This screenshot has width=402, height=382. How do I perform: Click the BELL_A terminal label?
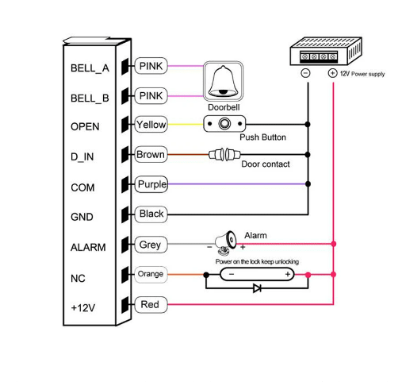coord(90,68)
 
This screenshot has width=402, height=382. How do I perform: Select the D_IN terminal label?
coord(82,156)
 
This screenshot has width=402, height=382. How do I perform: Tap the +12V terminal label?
coord(82,307)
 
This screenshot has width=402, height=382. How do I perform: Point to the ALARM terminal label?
coord(88,247)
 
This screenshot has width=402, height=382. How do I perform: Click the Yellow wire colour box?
coord(151,125)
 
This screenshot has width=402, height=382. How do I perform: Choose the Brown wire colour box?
coord(151,155)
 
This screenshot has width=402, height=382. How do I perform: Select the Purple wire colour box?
coord(151,184)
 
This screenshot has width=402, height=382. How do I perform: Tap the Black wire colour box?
coord(151,214)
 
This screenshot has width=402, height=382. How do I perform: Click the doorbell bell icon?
coord(223,80)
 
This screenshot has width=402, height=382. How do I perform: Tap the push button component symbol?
coord(225,125)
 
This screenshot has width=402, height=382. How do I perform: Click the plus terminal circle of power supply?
coord(332,73)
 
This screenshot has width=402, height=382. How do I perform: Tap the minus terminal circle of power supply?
coord(305,73)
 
